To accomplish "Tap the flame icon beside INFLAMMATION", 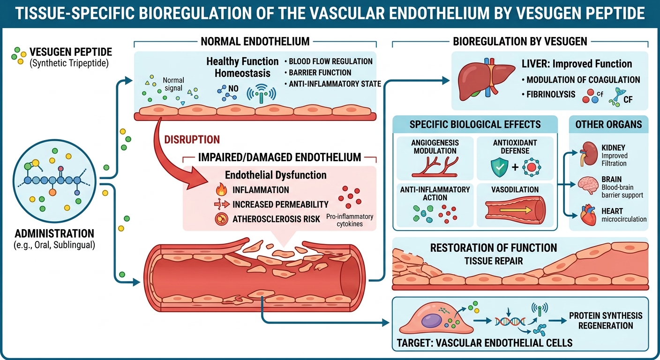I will click(220, 190).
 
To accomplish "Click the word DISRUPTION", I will click(192, 139).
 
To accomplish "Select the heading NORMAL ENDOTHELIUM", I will click(255, 41).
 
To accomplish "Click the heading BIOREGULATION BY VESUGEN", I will click(520, 41).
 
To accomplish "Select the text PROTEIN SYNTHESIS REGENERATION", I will click(606, 321).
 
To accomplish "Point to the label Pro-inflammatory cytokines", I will click(350, 220).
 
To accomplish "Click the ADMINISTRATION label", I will click(54, 233).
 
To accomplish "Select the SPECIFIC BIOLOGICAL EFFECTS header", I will click(475, 125).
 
